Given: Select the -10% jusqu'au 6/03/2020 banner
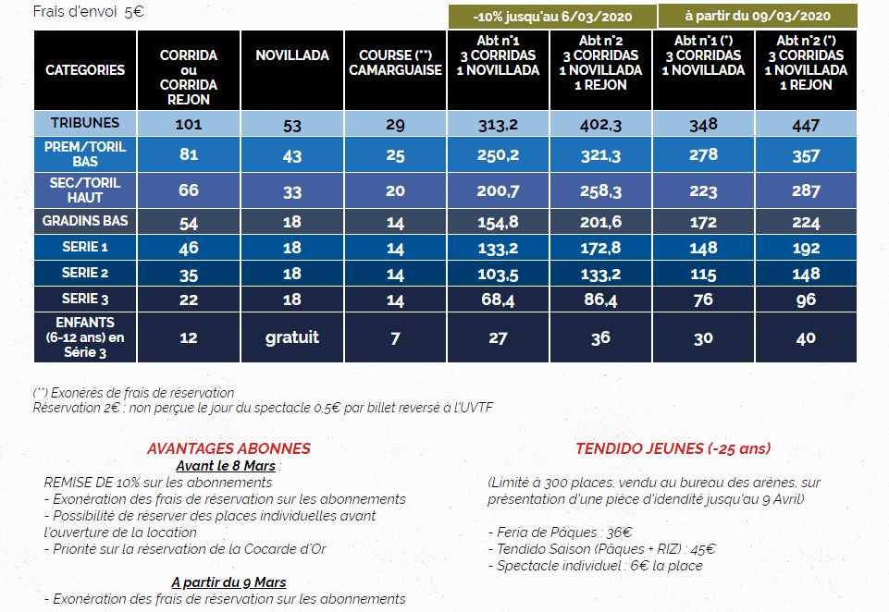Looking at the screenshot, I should coord(552,18).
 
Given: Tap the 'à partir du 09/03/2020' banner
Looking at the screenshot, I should coord(757,16).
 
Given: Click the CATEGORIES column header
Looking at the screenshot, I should coord(85,70).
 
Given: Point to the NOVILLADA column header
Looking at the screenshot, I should coord(292,55).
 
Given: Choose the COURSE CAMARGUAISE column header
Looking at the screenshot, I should coord(395,63).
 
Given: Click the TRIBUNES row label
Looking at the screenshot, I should coord(85,123).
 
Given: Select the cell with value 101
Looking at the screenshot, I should coord(189,123).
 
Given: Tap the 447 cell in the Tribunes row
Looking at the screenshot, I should coord(806,123).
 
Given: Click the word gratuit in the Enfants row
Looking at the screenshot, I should coord(292,337).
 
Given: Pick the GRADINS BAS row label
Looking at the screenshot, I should coord(85,221).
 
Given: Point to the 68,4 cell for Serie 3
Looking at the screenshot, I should coord(498,300).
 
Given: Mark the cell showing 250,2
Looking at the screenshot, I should coord(498,155).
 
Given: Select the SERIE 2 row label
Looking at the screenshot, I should coord(85,274).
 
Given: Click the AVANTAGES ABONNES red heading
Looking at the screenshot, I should coord(228,448).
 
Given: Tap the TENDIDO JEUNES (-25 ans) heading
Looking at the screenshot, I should coord(673,448).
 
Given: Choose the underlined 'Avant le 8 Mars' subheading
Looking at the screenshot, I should coord(228,465).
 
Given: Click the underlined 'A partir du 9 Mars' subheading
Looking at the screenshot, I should coord(228,582).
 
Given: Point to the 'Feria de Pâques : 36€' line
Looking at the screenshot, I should coord(560,532).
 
